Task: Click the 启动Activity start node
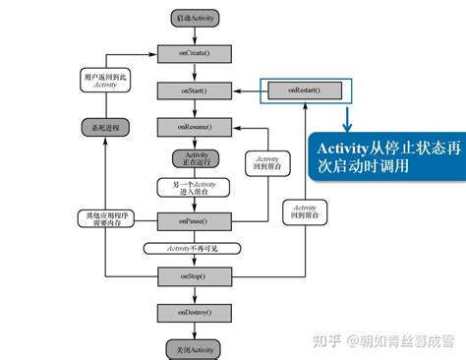(x=193, y=19)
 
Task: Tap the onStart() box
(x=193, y=90)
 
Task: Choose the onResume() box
(x=193, y=127)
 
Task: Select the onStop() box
(x=193, y=278)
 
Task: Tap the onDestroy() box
(x=193, y=313)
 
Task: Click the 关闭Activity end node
(x=193, y=349)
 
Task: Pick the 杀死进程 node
(x=99, y=127)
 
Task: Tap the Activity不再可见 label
(x=193, y=247)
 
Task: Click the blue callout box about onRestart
(x=385, y=155)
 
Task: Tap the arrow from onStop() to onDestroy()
(x=193, y=296)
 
